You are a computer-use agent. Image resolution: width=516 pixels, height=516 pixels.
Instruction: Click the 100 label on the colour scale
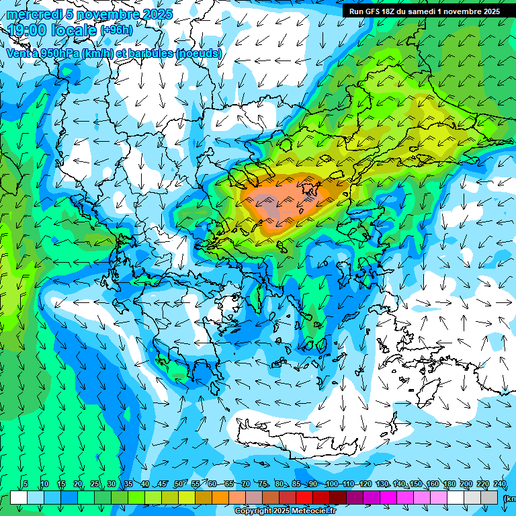click(x=331, y=484)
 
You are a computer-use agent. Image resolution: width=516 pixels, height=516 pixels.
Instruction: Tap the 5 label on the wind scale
click(x=26, y=484)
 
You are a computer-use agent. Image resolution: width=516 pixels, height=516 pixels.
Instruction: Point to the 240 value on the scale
click(x=500, y=484)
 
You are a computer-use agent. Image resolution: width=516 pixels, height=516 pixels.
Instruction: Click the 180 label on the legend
click(x=449, y=484)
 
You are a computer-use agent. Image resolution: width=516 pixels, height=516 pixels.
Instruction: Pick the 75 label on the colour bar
click(x=263, y=484)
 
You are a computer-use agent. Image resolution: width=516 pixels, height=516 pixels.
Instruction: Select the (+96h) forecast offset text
click(x=116, y=30)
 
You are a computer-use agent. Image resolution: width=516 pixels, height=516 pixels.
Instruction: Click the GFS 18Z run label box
click(x=424, y=11)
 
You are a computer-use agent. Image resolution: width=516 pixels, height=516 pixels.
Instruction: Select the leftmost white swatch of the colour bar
click(x=19, y=497)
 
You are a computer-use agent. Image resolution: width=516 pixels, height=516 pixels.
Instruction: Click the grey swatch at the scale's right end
click(x=490, y=497)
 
